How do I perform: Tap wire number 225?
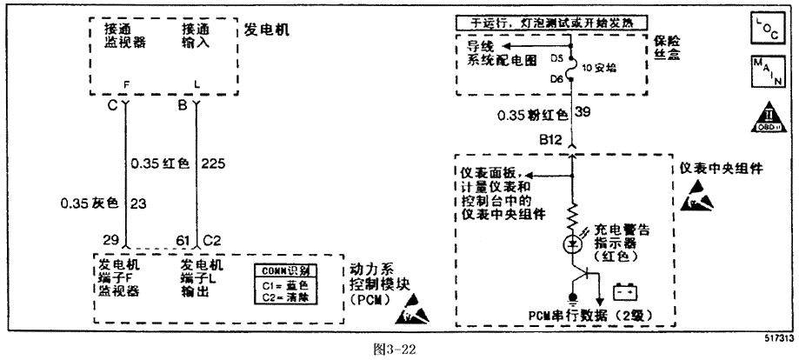[213, 163]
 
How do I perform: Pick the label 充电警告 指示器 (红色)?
[624, 244]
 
